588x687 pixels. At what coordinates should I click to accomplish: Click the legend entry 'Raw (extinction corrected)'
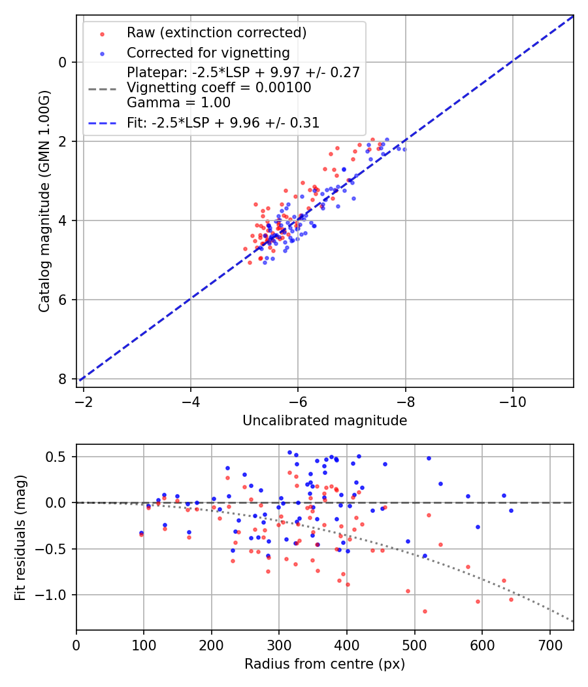tap(216, 33)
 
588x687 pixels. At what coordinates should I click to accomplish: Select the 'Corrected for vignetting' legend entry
tap(208, 52)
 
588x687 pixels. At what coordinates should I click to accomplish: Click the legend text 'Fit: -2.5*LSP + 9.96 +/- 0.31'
tap(223, 122)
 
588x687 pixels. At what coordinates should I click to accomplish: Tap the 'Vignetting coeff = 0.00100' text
tap(219, 88)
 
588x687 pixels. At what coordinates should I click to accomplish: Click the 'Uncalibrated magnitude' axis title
tap(325, 421)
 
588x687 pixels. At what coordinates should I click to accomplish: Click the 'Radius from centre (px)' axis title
tap(325, 664)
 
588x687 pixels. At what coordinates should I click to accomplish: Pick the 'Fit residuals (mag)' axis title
tap(20, 537)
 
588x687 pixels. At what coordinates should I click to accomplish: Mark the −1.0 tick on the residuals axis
tap(55, 595)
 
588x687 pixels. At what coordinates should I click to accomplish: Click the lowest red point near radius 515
tap(425, 611)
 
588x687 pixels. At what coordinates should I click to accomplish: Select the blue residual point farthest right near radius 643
tap(511, 510)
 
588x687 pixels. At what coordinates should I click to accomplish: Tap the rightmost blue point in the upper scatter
tap(404, 149)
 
